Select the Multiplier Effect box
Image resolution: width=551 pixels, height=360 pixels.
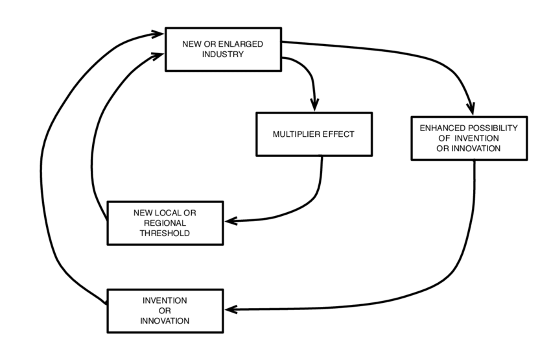(314, 134)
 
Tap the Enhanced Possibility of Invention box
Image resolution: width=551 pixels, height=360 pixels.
(468, 138)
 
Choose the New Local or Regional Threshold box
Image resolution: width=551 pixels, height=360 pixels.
(165, 222)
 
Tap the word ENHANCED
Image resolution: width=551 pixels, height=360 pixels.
(443, 128)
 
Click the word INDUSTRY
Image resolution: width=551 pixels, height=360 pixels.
(223, 54)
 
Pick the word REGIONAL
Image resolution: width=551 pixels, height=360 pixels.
(165, 222)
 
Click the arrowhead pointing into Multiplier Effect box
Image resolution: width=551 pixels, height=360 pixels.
(316, 105)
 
